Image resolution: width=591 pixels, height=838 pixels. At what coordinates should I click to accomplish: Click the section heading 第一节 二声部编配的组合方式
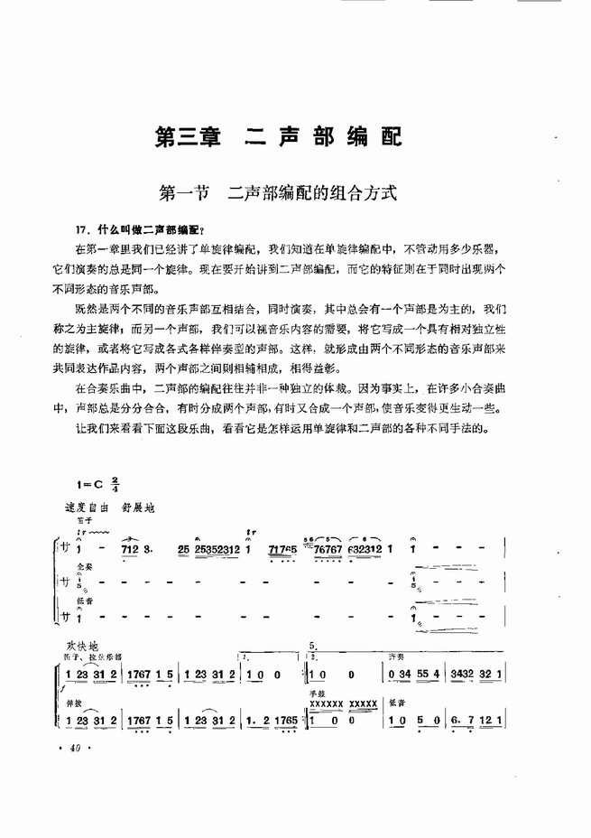click(278, 192)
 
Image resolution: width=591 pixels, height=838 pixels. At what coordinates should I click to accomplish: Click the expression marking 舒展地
click(138, 507)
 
